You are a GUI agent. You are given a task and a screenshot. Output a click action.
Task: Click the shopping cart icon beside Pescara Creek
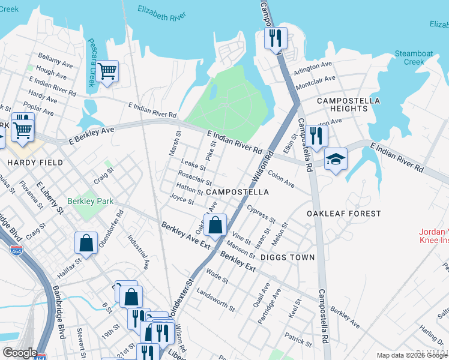pyautogui.click(x=107, y=72)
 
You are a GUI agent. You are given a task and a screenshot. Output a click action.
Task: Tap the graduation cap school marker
pyautogui.click(x=336, y=160)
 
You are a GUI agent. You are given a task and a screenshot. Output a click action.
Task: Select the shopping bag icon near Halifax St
pyautogui.click(x=86, y=244)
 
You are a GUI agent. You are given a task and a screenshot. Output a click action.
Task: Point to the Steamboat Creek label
pyautogui.click(x=414, y=58)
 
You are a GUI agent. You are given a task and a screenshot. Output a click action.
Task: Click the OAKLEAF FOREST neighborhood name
pyautogui.click(x=343, y=214)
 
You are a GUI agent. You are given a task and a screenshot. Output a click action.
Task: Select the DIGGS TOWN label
pyautogui.click(x=288, y=257)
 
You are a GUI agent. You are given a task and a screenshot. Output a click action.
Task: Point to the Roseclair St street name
pyautogui.click(x=195, y=178)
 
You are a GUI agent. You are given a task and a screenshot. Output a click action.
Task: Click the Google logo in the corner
pyautogui.click(x=20, y=353)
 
